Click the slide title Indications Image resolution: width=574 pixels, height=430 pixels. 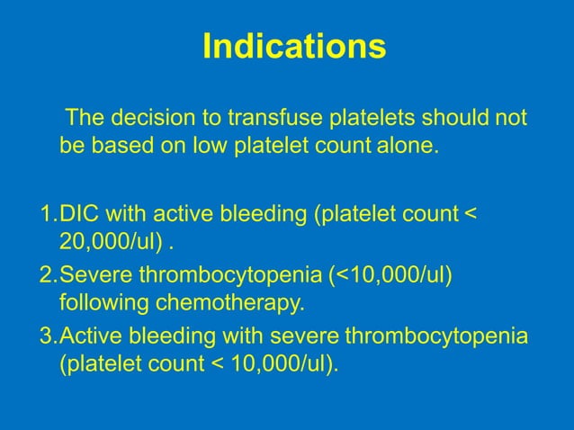294,46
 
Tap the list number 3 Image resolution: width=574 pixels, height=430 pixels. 47,336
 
